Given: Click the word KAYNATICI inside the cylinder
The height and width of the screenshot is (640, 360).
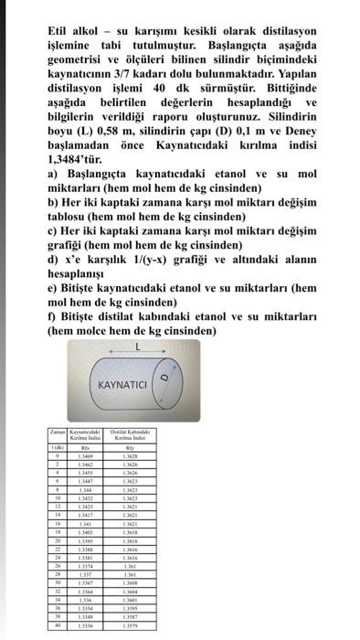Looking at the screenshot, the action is (122, 384).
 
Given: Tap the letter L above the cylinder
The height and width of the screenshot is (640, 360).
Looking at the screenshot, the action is (137, 347).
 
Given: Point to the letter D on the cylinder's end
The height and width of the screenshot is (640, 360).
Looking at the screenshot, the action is (165, 380).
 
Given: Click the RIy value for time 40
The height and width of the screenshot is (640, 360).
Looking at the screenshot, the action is (132, 624).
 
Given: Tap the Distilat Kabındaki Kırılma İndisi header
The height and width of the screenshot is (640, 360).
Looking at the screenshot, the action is (132, 433).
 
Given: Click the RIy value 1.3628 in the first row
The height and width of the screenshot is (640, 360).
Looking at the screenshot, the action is (132, 454).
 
